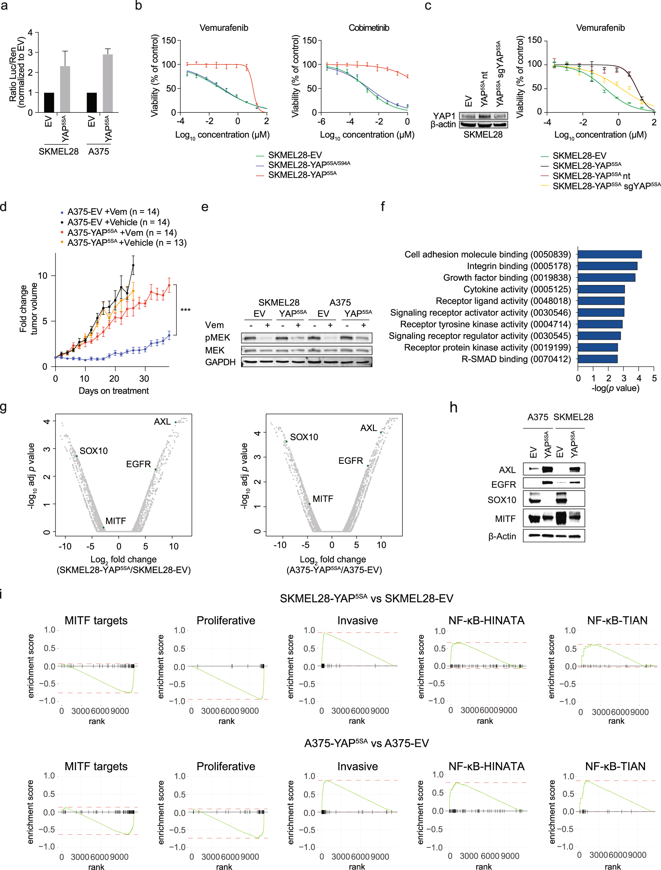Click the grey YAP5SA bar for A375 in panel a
108,84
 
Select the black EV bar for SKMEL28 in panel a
49,103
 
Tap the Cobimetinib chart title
369,28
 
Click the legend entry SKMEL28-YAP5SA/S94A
309,165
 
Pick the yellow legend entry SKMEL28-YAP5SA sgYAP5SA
606,186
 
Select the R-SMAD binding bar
597,359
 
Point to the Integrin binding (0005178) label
519,266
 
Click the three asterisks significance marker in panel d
185,310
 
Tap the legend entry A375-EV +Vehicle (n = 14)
118,222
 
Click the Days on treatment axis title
114,391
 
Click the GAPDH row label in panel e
220,362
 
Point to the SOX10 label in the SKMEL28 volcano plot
94,451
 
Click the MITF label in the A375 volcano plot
322,499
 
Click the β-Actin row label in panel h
502,536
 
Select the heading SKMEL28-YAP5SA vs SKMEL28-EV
366,599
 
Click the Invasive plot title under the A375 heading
357,767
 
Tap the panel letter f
383,207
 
